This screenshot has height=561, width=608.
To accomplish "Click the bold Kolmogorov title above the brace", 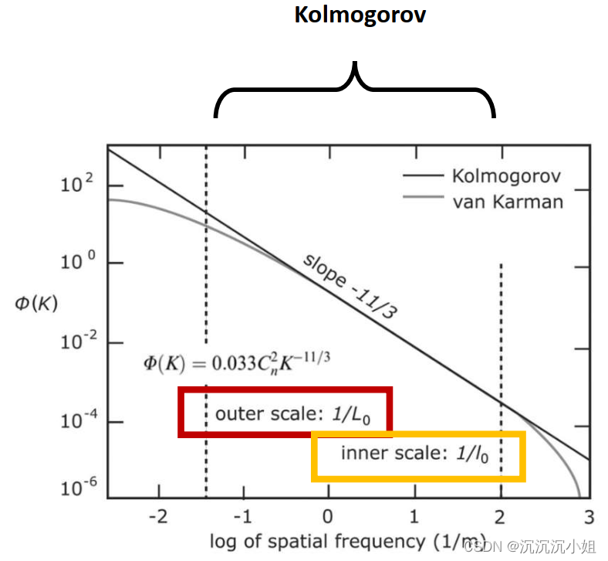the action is pos(360,15).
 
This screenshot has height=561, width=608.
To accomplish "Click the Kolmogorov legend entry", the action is pos(506,176).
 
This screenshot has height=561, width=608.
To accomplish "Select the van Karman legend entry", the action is pos(507,202).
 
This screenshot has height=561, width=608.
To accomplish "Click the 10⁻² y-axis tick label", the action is pos(76,342).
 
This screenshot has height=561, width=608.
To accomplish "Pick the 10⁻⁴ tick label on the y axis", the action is pos(76,422).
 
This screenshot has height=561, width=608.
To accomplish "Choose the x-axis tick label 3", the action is pos(588,515).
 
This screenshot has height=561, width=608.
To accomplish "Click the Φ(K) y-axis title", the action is pos(35,304).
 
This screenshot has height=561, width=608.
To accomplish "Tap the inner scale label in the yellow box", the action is pos(415,454).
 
